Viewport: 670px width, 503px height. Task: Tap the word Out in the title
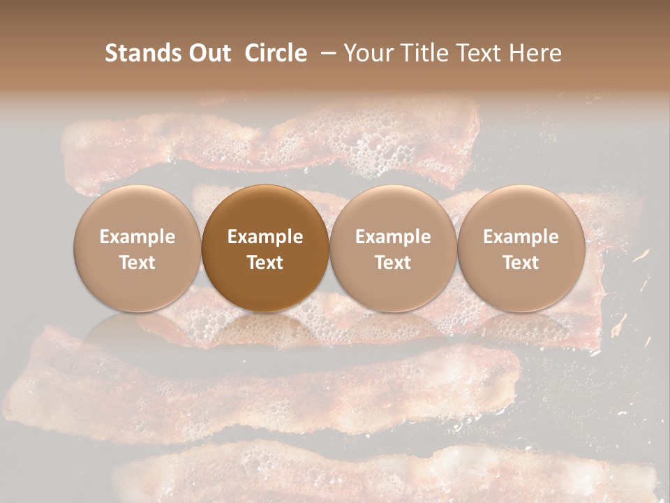209,53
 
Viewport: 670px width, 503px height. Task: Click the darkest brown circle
265,248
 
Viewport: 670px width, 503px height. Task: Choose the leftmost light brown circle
137,248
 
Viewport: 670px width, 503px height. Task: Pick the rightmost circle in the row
521,248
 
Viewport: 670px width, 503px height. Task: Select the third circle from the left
393,248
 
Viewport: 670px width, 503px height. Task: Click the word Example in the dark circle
265,237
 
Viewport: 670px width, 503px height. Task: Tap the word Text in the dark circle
265,263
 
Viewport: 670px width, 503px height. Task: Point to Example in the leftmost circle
137,237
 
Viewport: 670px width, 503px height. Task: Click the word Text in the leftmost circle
137,263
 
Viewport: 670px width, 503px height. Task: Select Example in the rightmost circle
521,237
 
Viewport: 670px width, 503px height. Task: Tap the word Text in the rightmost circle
521,263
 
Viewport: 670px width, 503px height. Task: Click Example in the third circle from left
393,237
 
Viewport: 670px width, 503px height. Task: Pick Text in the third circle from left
393,263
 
